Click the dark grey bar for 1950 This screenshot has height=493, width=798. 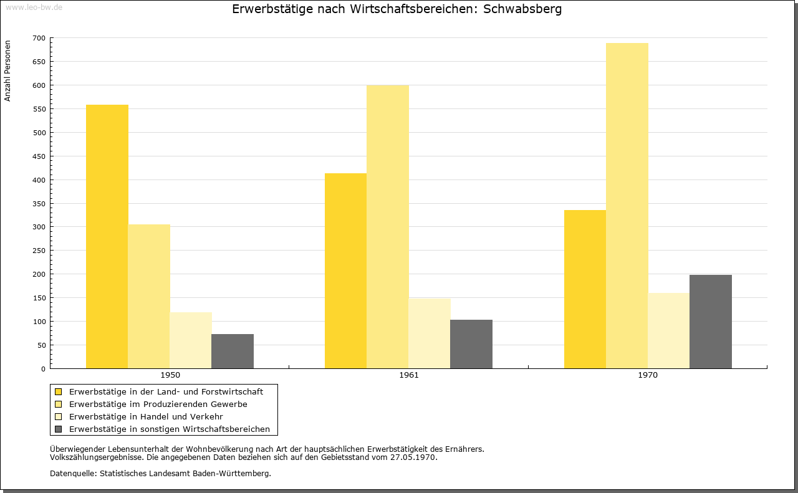click(x=233, y=352)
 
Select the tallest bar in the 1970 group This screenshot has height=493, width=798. click(x=627, y=206)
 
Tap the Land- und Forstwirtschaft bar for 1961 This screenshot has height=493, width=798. click(x=345, y=270)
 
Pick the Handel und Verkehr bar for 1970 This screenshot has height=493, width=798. click(x=669, y=330)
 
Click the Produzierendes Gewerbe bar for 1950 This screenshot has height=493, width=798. click(x=149, y=297)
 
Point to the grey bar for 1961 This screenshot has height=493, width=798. click(x=471, y=344)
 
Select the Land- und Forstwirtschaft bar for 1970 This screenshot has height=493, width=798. click(x=585, y=289)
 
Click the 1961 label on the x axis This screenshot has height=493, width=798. click(x=409, y=375)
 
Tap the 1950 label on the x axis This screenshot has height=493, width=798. click(x=170, y=375)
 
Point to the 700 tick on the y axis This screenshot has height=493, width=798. click(x=39, y=38)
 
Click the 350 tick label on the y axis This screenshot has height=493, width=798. click(x=39, y=204)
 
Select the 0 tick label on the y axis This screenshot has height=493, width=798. click(x=43, y=369)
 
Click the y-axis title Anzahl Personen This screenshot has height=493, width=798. click(x=7, y=70)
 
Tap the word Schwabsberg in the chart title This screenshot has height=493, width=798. click(x=522, y=9)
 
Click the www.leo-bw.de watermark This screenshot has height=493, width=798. click(x=34, y=7)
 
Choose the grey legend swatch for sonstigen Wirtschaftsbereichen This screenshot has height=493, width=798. click(x=59, y=429)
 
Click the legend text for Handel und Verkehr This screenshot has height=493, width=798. click(x=146, y=417)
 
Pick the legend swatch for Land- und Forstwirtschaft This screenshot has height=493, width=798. click(x=59, y=392)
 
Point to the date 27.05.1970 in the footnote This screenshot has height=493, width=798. click(x=413, y=457)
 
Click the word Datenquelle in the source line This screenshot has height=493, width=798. click(x=74, y=474)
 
